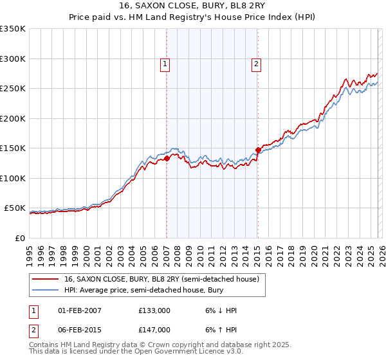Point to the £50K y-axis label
coord(14,208)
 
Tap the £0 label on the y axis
coord(20,239)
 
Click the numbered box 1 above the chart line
coord(166,63)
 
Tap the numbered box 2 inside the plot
coord(256,63)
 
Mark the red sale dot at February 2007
coord(167,157)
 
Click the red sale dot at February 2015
coord(258,150)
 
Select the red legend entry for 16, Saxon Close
coord(161,280)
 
